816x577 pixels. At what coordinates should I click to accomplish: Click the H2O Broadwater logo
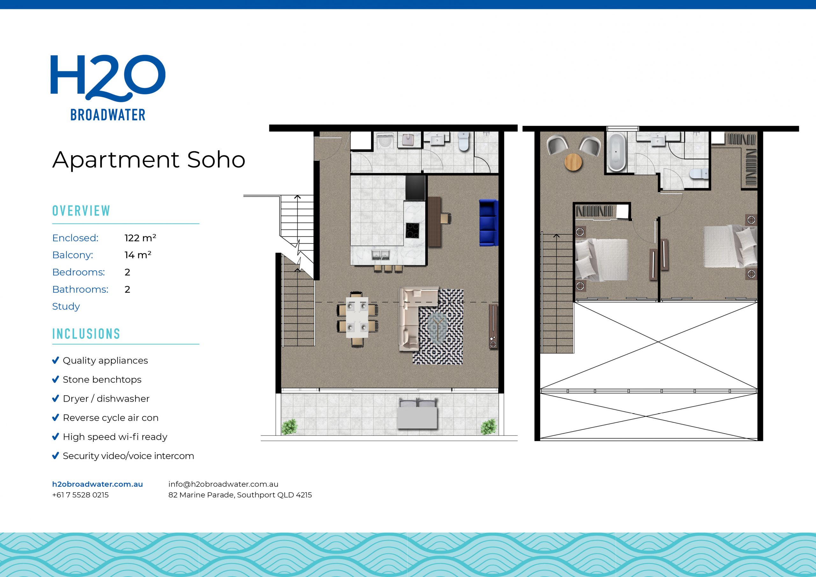tap(108, 87)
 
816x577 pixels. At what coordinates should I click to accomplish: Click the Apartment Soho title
tap(149, 160)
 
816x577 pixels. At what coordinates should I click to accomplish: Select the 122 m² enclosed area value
tap(140, 238)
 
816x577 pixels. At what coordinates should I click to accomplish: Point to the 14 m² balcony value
tap(137, 255)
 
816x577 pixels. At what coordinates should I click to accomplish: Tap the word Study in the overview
tap(66, 306)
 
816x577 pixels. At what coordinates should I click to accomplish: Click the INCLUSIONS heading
tap(86, 334)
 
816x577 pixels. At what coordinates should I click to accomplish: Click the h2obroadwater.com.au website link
tap(98, 484)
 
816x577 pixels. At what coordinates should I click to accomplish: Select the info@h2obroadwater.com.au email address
tap(223, 484)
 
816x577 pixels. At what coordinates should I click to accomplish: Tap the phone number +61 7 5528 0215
tap(80, 495)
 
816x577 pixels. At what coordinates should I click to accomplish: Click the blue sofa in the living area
tap(488, 223)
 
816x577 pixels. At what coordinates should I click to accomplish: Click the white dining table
tap(357, 317)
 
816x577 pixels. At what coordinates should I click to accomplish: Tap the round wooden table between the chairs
tap(573, 162)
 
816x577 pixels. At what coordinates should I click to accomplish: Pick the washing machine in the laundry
tap(384, 141)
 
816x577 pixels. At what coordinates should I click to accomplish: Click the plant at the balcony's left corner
tap(289, 427)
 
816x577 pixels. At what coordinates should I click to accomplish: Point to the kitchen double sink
tap(381, 254)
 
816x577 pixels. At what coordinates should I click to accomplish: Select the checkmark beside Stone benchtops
tap(55, 380)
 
